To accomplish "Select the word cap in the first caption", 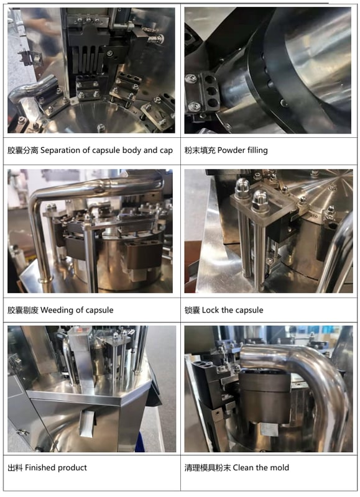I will coord(165,150).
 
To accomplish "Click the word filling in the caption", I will coord(258,150).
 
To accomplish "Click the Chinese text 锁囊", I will coord(192,309).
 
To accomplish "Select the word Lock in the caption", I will coord(212,309).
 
